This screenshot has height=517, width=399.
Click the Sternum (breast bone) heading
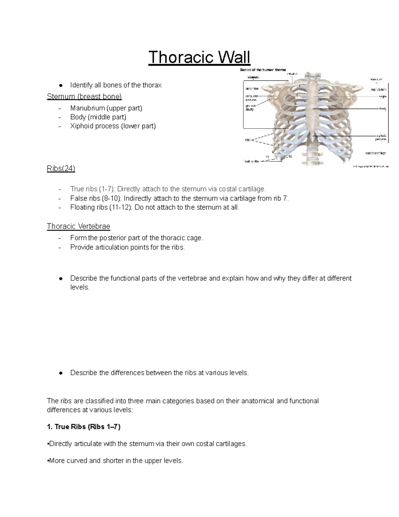click(x=84, y=97)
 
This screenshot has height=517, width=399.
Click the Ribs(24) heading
click(x=61, y=169)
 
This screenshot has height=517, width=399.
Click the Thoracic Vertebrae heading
click(x=78, y=227)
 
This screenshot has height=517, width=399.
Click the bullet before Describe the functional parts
click(x=61, y=279)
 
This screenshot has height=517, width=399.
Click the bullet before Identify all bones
click(x=61, y=86)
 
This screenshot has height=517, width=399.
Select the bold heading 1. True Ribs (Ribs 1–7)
click(x=84, y=427)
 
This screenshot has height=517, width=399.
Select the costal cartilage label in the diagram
click(x=375, y=153)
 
